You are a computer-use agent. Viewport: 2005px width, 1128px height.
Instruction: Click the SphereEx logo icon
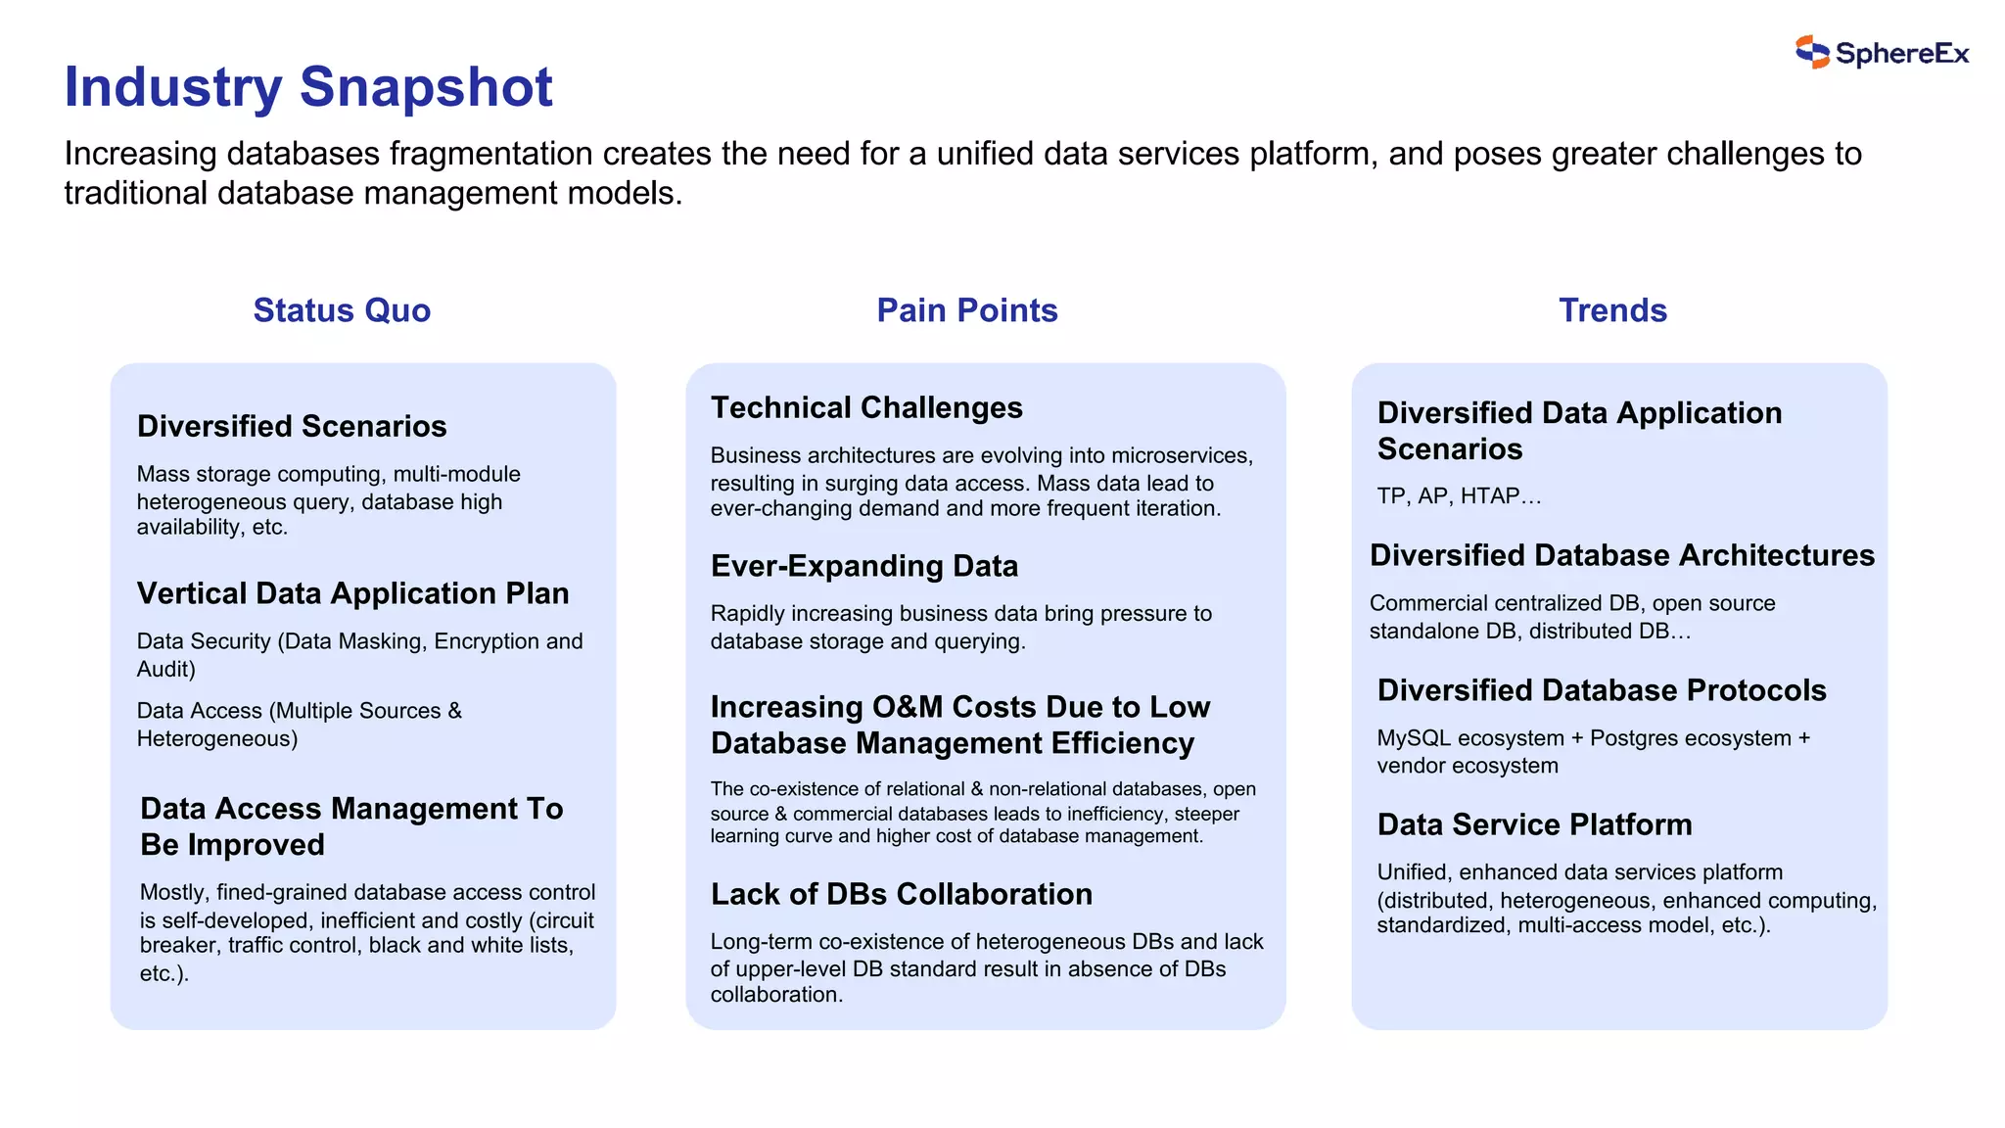tap(1812, 52)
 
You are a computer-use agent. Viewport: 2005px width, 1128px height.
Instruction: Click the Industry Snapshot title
tap(308, 86)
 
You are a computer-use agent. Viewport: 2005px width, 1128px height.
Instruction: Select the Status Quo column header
tap(342, 310)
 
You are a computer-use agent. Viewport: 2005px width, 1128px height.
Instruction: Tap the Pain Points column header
tap(966, 310)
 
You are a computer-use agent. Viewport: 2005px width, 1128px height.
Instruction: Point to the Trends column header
tap(1612, 310)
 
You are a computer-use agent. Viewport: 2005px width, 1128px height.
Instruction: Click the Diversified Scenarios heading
tap(292, 426)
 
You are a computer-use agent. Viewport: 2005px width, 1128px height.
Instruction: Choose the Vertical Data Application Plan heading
tap(352, 593)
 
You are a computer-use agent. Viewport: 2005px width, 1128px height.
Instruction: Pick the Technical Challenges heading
tap(866, 407)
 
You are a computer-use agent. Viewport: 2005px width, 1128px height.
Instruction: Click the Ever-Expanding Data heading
tap(864, 566)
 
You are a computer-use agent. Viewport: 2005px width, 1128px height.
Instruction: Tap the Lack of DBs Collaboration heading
tap(902, 894)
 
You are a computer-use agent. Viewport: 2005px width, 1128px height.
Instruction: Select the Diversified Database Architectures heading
tap(1622, 555)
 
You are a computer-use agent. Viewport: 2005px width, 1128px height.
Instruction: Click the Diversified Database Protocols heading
tap(1602, 690)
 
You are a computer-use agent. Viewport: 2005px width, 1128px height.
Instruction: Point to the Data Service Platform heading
tap(1534, 824)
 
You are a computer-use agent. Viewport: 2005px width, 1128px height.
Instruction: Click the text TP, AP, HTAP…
tap(1459, 496)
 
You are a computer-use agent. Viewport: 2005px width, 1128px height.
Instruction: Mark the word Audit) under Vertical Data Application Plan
tap(166, 670)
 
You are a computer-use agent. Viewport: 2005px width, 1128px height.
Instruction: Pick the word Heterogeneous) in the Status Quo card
tap(217, 739)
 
